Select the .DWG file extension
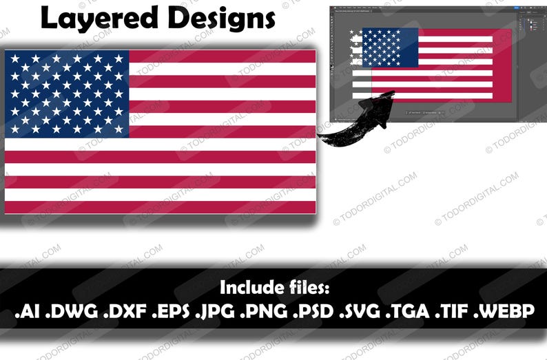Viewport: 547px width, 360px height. (72, 311)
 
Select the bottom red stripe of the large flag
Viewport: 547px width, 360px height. (160, 207)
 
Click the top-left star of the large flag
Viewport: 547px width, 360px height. (14, 59)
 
